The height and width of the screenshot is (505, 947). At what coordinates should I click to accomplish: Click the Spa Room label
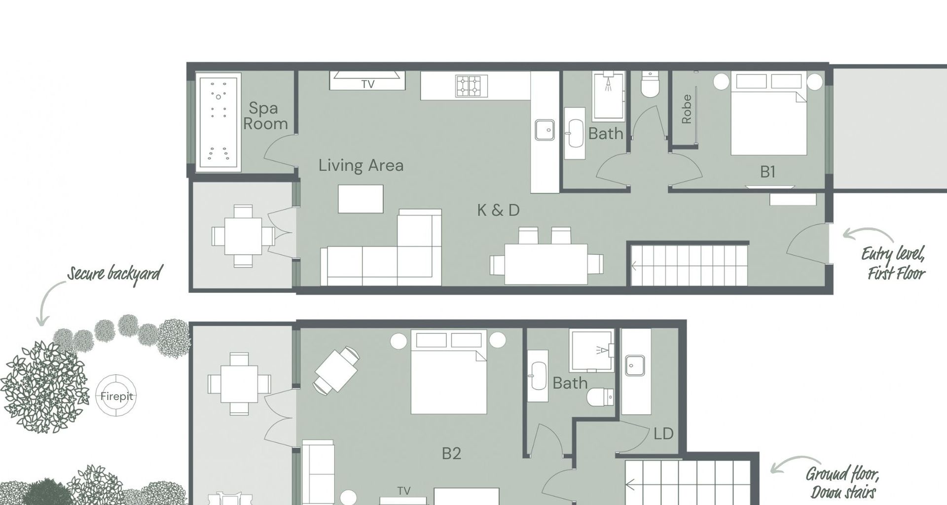[265, 115]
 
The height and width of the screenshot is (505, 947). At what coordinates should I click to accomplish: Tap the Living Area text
[361, 165]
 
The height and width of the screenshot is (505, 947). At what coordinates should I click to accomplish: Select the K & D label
[498, 210]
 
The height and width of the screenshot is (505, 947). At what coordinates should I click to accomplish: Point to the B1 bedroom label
[767, 172]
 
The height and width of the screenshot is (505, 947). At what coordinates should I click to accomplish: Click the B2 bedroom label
[451, 453]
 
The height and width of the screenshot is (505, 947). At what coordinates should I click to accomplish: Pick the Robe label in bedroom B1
[686, 109]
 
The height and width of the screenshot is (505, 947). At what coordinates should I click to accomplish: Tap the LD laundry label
[663, 433]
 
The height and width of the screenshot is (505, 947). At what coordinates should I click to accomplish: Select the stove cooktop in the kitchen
[472, 86]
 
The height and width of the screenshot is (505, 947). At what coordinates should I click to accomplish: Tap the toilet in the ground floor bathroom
[601, 396]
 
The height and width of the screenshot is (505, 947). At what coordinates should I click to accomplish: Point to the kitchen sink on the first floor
[545, 130]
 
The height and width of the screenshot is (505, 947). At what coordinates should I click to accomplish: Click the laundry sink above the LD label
[635, 365]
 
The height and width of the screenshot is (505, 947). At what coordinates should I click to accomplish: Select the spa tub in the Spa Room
[219, 122]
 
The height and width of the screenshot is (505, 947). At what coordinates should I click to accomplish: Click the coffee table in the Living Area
[361, 199]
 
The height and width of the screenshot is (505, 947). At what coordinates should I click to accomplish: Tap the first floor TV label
[368, 84]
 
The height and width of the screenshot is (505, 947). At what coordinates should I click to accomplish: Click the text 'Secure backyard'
[115, 274]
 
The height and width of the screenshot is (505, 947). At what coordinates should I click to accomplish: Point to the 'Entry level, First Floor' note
[893, 263]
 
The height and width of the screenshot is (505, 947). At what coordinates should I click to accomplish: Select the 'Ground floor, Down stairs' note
[842, 483]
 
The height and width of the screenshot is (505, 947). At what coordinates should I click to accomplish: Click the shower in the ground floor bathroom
[591, 351]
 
